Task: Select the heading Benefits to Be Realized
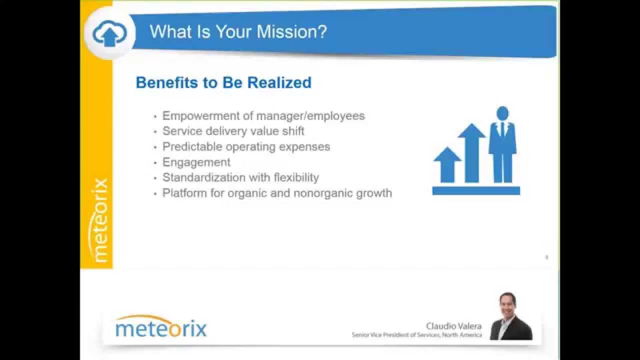click(x=223, y=82)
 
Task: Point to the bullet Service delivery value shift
click(x=233, y=131)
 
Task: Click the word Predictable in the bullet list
click(x=192, y=147)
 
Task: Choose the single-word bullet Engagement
click(x=196, y=162)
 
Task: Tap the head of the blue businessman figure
click(x=502, y=113)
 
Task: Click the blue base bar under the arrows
click(x=476, y=190)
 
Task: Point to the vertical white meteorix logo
click(x=100, y=220)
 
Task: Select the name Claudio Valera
click(x=453, y=326)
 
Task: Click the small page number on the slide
click(x=546, y=257)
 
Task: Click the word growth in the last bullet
click(x=374, y=193)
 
